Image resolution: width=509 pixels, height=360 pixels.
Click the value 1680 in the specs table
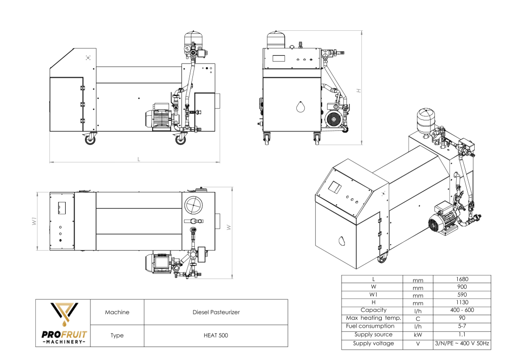[x=462, y=279]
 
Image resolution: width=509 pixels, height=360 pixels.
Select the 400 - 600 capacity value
[x=462, y=310]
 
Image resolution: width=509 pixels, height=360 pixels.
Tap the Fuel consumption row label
[x=370, y=326]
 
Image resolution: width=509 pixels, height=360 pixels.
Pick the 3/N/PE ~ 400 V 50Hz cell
[x=462, y=344]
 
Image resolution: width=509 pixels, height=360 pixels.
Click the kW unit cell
[x=418, y=335]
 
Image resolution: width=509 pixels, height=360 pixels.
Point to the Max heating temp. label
[x=370, y=318]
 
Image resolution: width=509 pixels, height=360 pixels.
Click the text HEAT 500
[x=216, y=336]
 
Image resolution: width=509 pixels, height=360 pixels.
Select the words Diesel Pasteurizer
[x=216, y=312]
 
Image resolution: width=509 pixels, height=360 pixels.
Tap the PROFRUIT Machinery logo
[x=63, y=323]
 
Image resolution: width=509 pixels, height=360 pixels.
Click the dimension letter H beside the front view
[x=358, y=90]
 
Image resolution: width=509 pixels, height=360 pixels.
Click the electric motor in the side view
[x=158, y=117]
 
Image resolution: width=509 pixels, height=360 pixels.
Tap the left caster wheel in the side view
[x=90, y=140]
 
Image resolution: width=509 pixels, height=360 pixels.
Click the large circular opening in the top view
[x=193, y=204]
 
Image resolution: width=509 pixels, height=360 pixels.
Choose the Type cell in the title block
[x=117, y=336]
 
